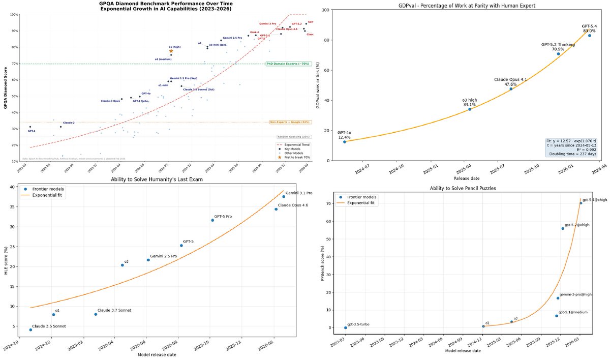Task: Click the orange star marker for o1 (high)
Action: tap(171, 51)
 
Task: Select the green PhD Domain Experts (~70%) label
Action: tap(288, 64)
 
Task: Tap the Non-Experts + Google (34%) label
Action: tap(290, 122)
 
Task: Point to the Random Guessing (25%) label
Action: tap(294, 137)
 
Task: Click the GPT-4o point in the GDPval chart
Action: tap(344, 142)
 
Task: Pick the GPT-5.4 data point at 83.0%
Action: tap(589, 36)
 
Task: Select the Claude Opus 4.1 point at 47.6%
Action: tap(511, 89)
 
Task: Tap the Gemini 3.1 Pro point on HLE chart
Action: tap(284, 197)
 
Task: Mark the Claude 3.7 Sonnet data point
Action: tap(96, 314)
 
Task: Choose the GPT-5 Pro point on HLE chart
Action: tap(212, 220)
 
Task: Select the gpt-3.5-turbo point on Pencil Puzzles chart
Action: tap(346, 327)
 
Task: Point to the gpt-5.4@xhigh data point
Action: tap(581, 203)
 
